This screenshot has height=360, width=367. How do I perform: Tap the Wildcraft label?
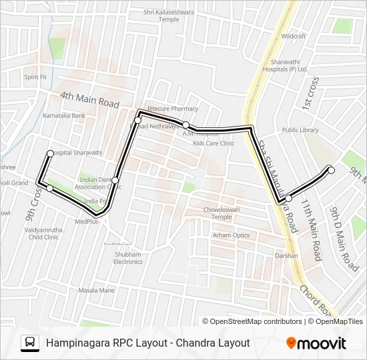point(293,35)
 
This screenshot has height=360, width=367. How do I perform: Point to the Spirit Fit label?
point(35,77)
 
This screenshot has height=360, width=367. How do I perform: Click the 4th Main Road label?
point(89,99)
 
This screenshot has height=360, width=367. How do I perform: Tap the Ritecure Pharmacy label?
point(173,109)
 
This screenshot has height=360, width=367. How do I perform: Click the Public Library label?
point(300,130)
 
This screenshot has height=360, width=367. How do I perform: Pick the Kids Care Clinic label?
point(214,143)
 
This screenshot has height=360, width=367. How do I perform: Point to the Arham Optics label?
point(231,235)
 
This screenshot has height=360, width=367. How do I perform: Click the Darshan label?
point(286,255)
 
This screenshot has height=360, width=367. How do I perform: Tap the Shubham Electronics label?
point(127,258)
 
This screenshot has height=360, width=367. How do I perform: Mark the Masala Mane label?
point(97,290)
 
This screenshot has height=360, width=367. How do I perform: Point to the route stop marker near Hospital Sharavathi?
point(50,154)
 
